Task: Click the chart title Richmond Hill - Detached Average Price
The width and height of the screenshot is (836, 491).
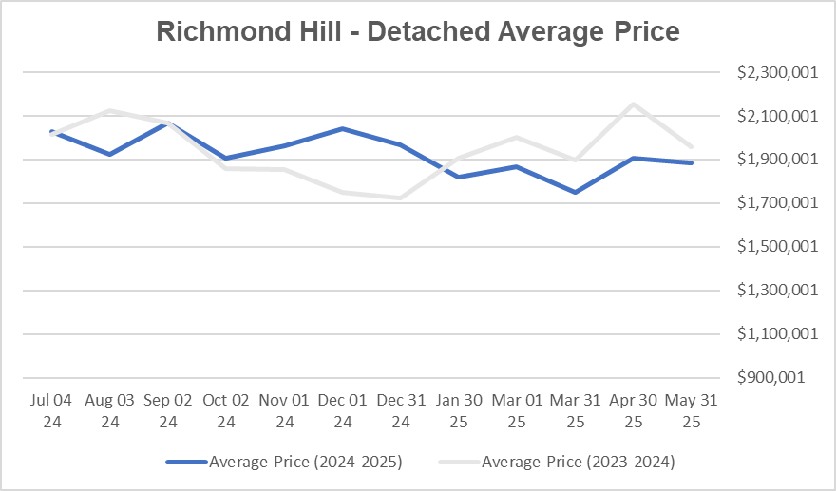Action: [417, 31]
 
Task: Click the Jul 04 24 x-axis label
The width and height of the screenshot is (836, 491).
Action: [52, 411]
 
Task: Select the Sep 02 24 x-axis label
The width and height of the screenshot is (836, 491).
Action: [168, 411]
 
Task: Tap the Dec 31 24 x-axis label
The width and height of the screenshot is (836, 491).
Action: [401, 411]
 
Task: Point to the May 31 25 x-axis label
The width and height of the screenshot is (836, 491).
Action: [691, 411]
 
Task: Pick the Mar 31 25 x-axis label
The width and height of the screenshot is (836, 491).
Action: [575, 411]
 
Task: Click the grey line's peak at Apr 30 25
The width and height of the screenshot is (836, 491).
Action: [633, 104]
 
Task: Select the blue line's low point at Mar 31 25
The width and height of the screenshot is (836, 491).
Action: [575, 192]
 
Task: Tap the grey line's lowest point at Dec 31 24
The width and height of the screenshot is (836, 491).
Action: [401, 198]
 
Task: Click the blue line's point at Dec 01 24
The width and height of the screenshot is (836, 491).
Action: [343, 128]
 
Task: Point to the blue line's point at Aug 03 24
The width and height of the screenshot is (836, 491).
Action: [110, 154]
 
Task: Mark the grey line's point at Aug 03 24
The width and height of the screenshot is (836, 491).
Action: [110, 110]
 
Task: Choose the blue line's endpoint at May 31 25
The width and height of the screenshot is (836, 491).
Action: [691, 162]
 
